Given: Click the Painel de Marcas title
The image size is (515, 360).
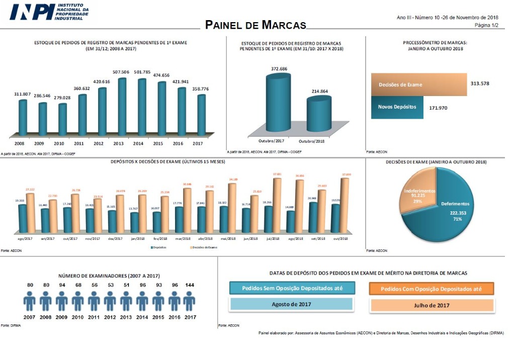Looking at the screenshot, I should (x=255, y=25).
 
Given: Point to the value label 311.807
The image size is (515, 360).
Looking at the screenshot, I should (x=22, y=94).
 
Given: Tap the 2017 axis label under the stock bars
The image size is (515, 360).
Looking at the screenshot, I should (x=198, y=143).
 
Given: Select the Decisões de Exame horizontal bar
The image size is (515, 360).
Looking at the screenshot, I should (x=418, y=84).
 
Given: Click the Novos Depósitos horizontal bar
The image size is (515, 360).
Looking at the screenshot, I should (x=397, y=107).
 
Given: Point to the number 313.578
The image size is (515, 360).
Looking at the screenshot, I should (x=480, y=83).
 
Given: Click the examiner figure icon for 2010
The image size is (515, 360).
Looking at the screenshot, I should (x=77, y=302).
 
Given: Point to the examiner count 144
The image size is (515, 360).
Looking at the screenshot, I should (x=190, y=285).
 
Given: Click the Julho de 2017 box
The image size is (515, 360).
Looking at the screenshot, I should (x=432, y=305).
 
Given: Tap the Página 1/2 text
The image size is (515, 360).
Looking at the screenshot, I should (x=486, y=25).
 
